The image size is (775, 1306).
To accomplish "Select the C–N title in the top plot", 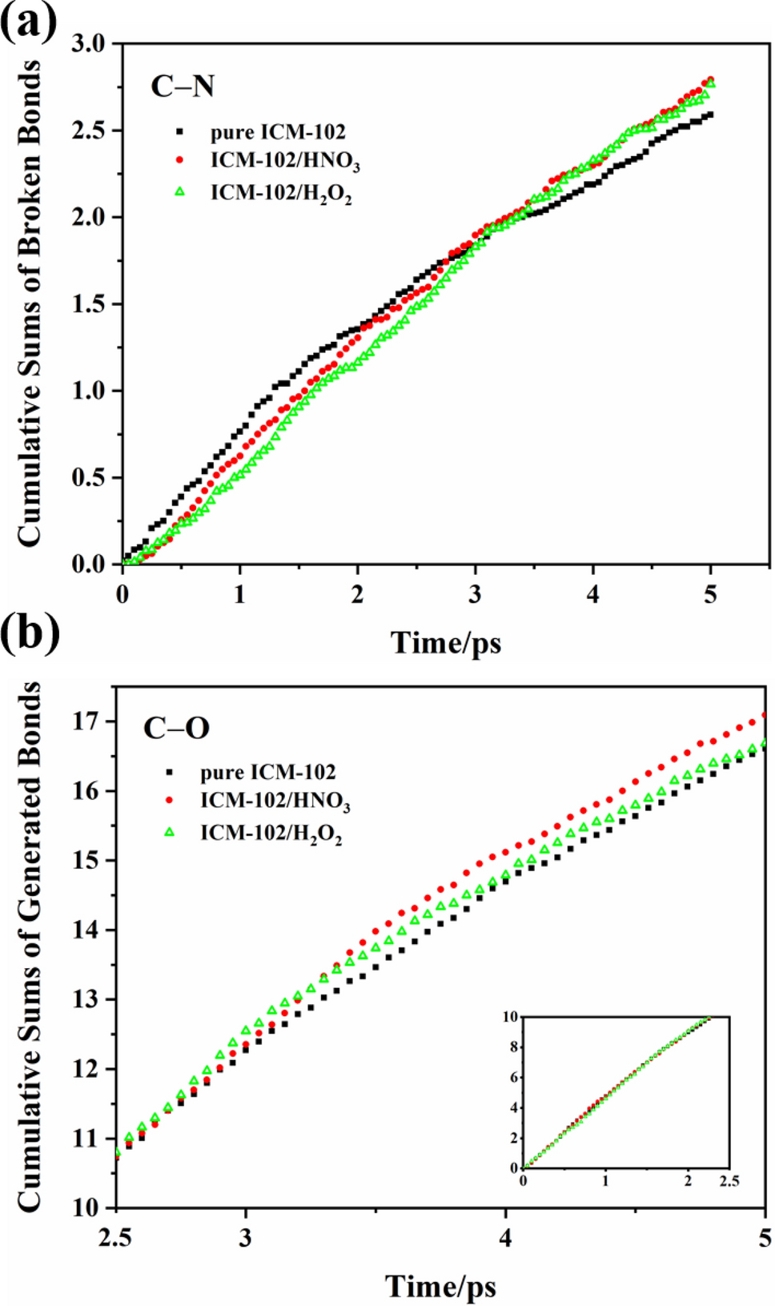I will pyautogui.click(x=183, y=86).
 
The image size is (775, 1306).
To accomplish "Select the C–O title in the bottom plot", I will pyautogui.click(x=176, y=728).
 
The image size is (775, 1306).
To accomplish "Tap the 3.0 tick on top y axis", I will pyautogui.click(x=88, y=43).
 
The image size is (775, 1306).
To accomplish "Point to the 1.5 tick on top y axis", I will pyautogui.click(x=88, y=304).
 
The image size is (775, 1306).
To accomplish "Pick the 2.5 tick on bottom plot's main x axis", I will pyautogui.click(x=115, y=1238).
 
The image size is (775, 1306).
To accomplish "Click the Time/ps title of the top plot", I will pyautogui.click(x=446, y=642).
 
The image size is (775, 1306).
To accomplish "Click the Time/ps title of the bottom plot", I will pyautogui.click(x=440, y=1286).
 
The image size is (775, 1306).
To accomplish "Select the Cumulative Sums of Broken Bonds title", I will pyautogui.click(x=29, y=304).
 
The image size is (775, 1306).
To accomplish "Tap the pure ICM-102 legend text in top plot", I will pyautogui.click(x=278, y=132).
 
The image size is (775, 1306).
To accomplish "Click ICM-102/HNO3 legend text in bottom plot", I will pyautogui.click(x=275, y=802).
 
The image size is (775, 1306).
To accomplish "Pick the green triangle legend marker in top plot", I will pyautogui.click(x=179, y=191).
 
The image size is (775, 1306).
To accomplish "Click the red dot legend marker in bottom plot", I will pyautogui.click(x=169, y=800).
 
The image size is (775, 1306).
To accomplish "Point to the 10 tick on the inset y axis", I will pyautogui.click(x=510, y=1017).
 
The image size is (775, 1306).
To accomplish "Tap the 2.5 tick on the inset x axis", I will pyautogui.click(x=729, y=1181).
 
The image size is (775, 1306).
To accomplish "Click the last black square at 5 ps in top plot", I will pyautogui.click(x=710, y=115).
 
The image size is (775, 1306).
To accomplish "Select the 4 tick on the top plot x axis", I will pyautogui.click(x=592, y=594).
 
